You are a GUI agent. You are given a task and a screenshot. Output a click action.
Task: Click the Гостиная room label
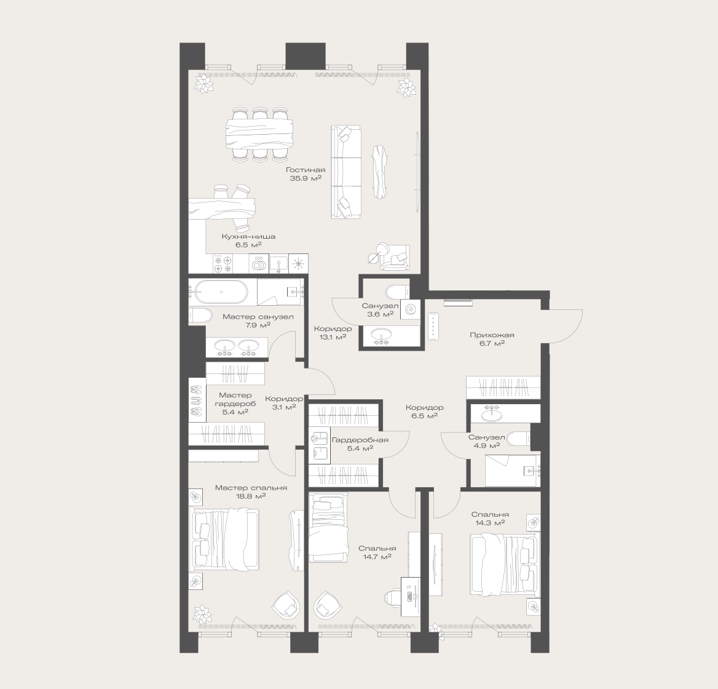pyautogui.click(x=306, y=170)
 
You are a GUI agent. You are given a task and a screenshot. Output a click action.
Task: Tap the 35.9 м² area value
pyautogui.click(x=306, y=178)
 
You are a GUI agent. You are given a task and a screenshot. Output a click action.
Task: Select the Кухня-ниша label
pyautogui.click(x=248, y=237)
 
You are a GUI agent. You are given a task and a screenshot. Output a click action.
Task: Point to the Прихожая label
pyautogui.click(x=492, y=335)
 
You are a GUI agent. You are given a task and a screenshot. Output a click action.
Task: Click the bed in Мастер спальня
pyautogui.click(x=224, y=540)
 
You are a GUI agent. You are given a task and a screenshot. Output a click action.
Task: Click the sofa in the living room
pyautogui.click(x=345, y=172)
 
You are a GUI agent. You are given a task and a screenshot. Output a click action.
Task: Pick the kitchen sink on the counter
pyautogui.click(x=278, y=264)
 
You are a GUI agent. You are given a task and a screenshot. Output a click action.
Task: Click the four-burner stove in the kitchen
pyautogui.click(x=223, y=264)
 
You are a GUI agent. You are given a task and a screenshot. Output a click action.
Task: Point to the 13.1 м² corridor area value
pyautogui.click(x=333, y=337)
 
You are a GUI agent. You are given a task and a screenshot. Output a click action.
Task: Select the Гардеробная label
pyautogui.click(x=360, y=440)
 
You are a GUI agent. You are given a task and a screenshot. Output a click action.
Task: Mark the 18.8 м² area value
pyautogui.click(x=251, y=496)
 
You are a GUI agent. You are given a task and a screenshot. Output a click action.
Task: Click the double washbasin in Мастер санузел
pyautogui.click(x=236, y=347)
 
